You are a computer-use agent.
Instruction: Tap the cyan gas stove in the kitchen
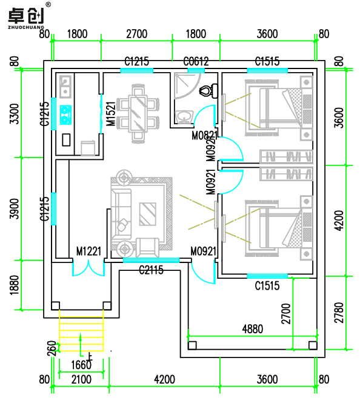tap(65, 115)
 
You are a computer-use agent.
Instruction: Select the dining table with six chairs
tap(138, 113)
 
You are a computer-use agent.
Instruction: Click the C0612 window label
tap(196, 62)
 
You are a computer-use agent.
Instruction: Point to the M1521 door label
tap(111, 114)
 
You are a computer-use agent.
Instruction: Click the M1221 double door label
tap(88, 251)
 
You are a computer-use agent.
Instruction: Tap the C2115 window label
tap(152, 270)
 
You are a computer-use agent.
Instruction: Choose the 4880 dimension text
tap(253, 329)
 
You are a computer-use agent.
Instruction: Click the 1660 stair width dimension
tap(81, 365)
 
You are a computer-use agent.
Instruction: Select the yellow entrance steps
tap(81, 331)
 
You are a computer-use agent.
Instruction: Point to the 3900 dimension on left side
tap(15, 208)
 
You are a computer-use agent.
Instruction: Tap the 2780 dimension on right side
tap(339, 313)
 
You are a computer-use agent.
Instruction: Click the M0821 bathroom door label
tap(204, 135)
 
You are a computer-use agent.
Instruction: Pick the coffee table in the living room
tap(148, 214)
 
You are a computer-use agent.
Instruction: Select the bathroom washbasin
tap(184, 117)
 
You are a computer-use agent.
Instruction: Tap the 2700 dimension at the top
tap(137, 34)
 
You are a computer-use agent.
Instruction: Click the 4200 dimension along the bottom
tap(164, 379)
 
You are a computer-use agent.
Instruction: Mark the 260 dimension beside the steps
tap(52, 348)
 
